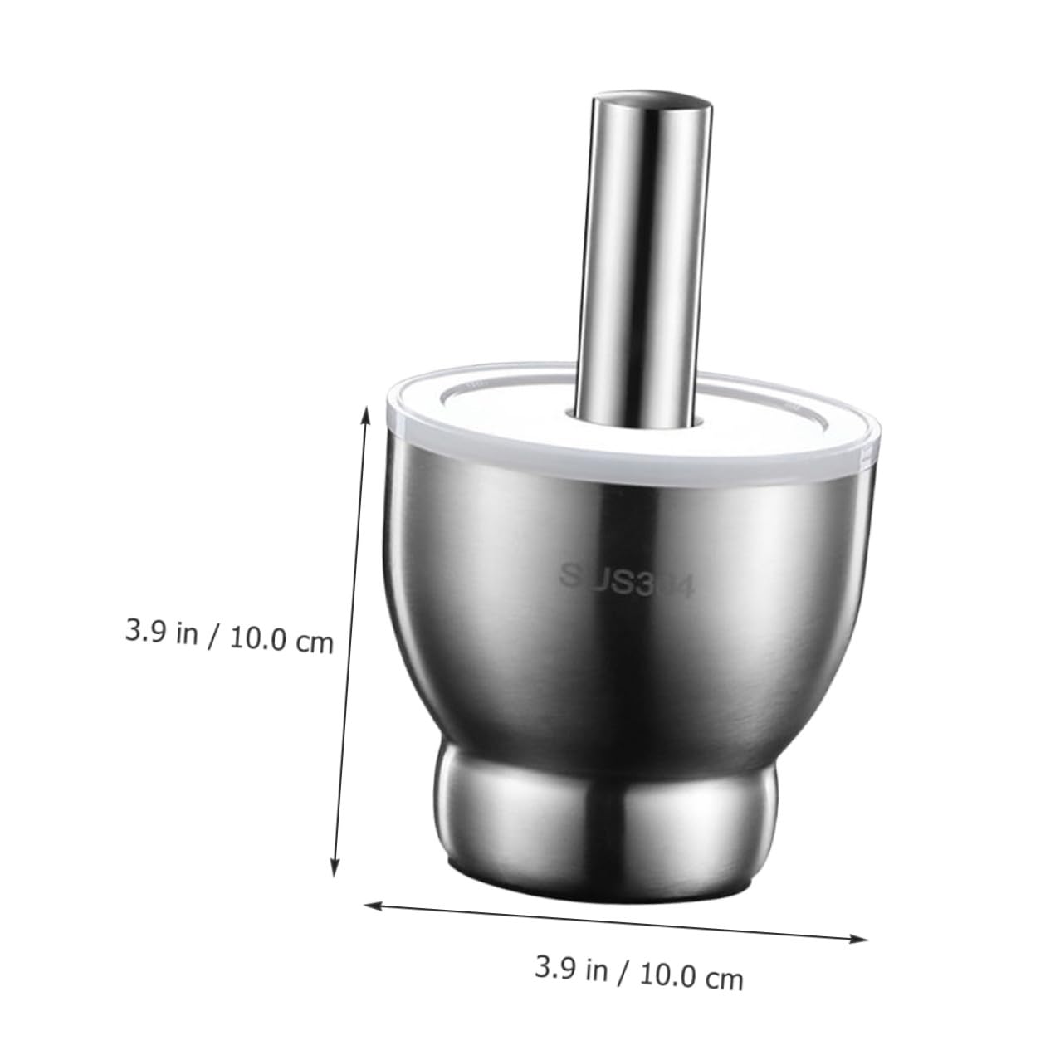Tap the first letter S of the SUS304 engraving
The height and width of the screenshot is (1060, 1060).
point(569,573)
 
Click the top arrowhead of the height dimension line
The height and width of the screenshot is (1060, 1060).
point(364,410)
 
